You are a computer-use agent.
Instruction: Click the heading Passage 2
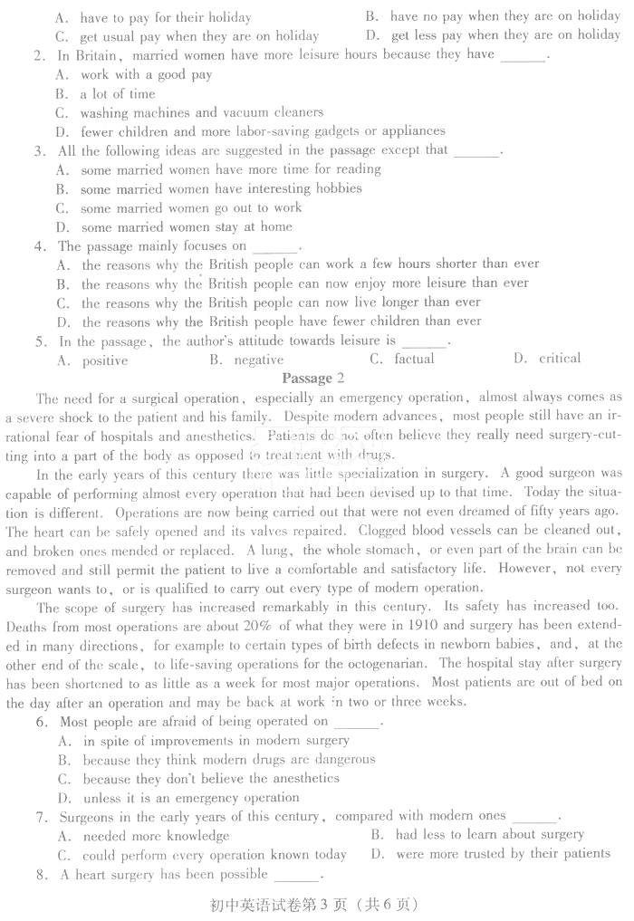[x=313, y=378]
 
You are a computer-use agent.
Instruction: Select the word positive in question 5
[x=105, y=360]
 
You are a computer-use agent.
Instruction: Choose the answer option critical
[x=560, y=359]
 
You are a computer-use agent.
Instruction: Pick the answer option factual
[x=414, y=360]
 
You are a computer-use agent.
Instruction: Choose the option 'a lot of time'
[x=117, y=93]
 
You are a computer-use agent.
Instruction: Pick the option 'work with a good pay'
[x=146, y=74]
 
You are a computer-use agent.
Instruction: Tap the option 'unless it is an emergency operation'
[x=190, y=798]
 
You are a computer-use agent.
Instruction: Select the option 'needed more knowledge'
[x=156, y=837]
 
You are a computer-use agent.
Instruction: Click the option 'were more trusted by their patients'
[x=503, y=853]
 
